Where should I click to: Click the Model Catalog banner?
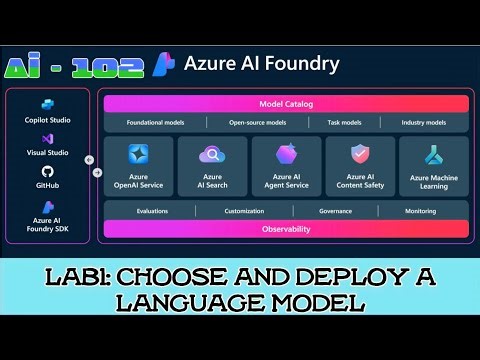point(286,103)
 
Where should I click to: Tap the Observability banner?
point(286,229)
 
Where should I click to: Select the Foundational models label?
point(155,122)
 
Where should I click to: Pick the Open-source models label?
point(257,122)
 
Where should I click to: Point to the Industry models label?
point(424,122)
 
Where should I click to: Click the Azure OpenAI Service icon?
point(138,155)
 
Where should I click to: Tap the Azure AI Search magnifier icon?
point(212,155)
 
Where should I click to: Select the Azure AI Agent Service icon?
point(286,155)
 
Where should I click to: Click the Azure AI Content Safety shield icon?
point(360,154)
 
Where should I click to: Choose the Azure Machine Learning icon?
point(433,155)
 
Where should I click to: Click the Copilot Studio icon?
point(46,104)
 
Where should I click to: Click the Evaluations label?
point(153,211)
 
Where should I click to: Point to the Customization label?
point(244,211)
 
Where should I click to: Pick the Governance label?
point(335,211)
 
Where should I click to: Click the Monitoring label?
point(420,211)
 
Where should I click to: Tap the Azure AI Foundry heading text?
point(262,64)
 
